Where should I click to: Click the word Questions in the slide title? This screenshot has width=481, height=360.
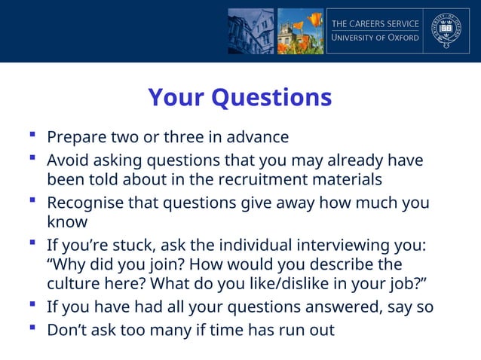pyautogui.click(x=272, y=98)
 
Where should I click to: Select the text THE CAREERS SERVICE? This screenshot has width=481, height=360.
pyautogui.click(x=375, y=23)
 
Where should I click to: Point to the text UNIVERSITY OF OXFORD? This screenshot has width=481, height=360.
pyautogui.click(x=375, y=38)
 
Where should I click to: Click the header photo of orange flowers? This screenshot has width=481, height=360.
pyautogui.click(x=300, y=31)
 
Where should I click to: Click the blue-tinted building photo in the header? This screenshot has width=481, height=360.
pyautogui.click(x=250, y=31)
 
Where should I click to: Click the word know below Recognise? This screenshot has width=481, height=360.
pyautogui.click(x=67, y=222)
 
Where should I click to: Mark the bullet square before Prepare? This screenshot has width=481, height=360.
pyautogui.click(x=32, y=136)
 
